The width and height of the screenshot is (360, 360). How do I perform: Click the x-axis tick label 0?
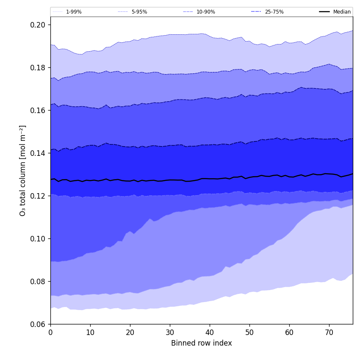[x=50, y=332]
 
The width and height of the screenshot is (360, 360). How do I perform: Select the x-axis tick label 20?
[x=130, y=332]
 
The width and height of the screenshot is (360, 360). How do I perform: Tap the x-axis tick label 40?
[x=210, y=332]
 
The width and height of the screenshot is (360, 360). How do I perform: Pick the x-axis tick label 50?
[x=249, y=332]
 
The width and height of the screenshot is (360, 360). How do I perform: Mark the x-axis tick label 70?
[x=329, y=332]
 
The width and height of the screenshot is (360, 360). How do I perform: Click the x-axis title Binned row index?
[x=202, y=343]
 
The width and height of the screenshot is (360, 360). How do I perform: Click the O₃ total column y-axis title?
[x=23, y=170]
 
